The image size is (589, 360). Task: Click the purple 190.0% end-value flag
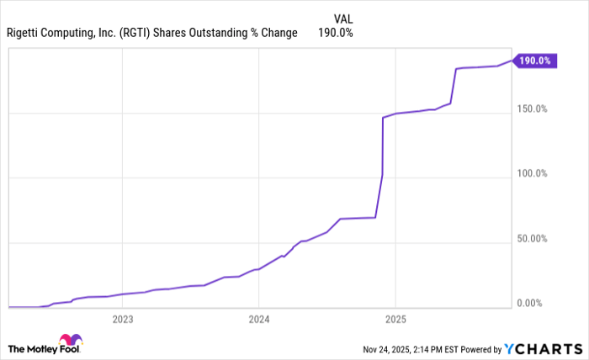535,61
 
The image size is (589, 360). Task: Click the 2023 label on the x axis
123,319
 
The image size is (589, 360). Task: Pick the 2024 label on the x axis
259,319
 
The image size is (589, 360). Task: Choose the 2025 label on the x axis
395,319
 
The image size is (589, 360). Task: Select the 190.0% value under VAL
335,33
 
